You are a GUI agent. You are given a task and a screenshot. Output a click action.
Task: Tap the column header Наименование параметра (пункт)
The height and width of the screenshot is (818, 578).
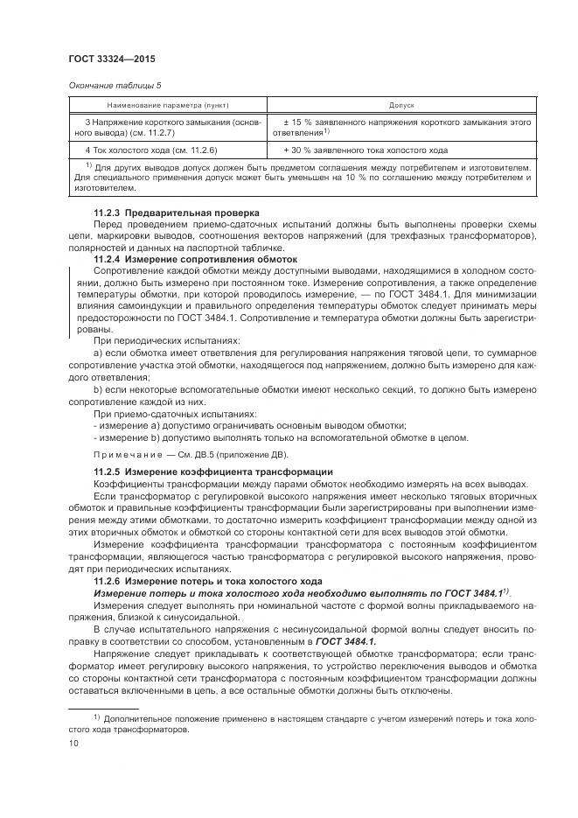click(165, 105)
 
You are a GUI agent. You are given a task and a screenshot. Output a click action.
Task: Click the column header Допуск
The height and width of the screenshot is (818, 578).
click(401, 105)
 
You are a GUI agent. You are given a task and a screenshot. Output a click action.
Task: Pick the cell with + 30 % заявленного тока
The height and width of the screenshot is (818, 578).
click(366, 150)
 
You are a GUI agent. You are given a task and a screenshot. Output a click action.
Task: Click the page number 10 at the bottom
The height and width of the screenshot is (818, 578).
click(73, 744)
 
